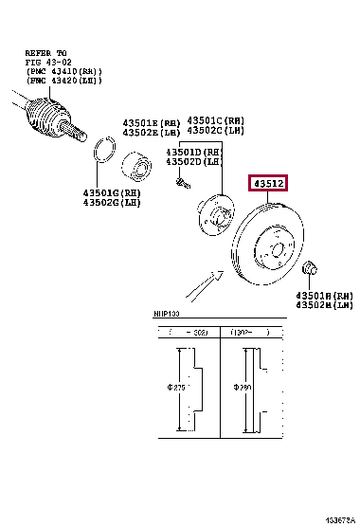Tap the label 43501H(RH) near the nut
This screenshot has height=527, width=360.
[x=324, y=295]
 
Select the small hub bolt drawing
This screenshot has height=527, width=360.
[x=177, y=182]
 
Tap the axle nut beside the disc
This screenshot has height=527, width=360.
[x=314, y=268]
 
